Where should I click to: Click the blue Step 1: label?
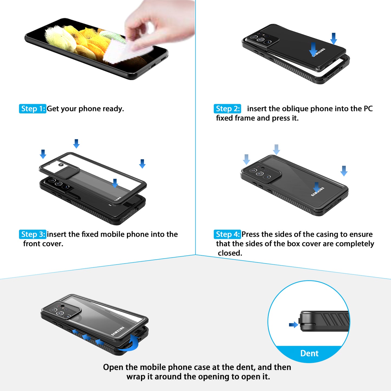pyautogui.click(x=32, y=109)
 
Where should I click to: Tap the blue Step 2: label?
pyautogui.click(x=227, y=109)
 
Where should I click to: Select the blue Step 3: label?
pyautogui.click(x=32, y=234)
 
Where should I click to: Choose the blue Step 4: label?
pyautogui.click(x=227, y=234)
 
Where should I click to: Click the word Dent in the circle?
pyautogui.click(x=309, y=353)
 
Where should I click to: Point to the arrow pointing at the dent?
pyautogui.click(x=293, y=325)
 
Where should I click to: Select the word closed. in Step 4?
pyautogui.click(x=230, y=253)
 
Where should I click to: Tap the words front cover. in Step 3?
pyautogui.click(x=43, y=244)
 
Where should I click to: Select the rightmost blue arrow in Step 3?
pyautogui.click(x=142, y=164)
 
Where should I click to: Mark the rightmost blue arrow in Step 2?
pyautogui.click(x=334, y=38)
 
